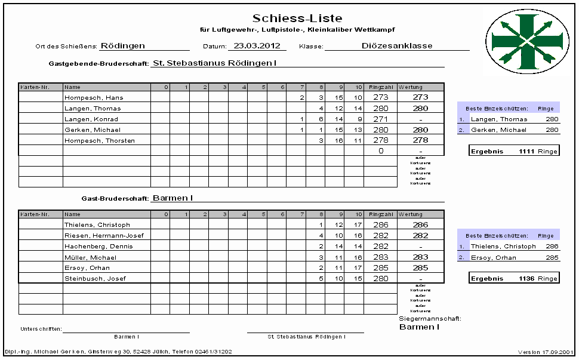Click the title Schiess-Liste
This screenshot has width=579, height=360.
point(297,19)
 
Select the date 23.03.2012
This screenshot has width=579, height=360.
point(257,45)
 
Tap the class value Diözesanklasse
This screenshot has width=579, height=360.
point(397,45)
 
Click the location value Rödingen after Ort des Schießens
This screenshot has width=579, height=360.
point(123,45)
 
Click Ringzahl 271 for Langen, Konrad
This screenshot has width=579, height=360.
point(380,119)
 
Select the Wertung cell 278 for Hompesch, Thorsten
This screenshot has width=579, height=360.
point(420,141)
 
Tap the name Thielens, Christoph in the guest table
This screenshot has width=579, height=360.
point(97,225)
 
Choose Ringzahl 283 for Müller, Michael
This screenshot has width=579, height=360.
point(380,257)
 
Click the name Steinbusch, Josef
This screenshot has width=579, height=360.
point(95,279)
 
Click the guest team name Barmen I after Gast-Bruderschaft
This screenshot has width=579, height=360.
point(172,198)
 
